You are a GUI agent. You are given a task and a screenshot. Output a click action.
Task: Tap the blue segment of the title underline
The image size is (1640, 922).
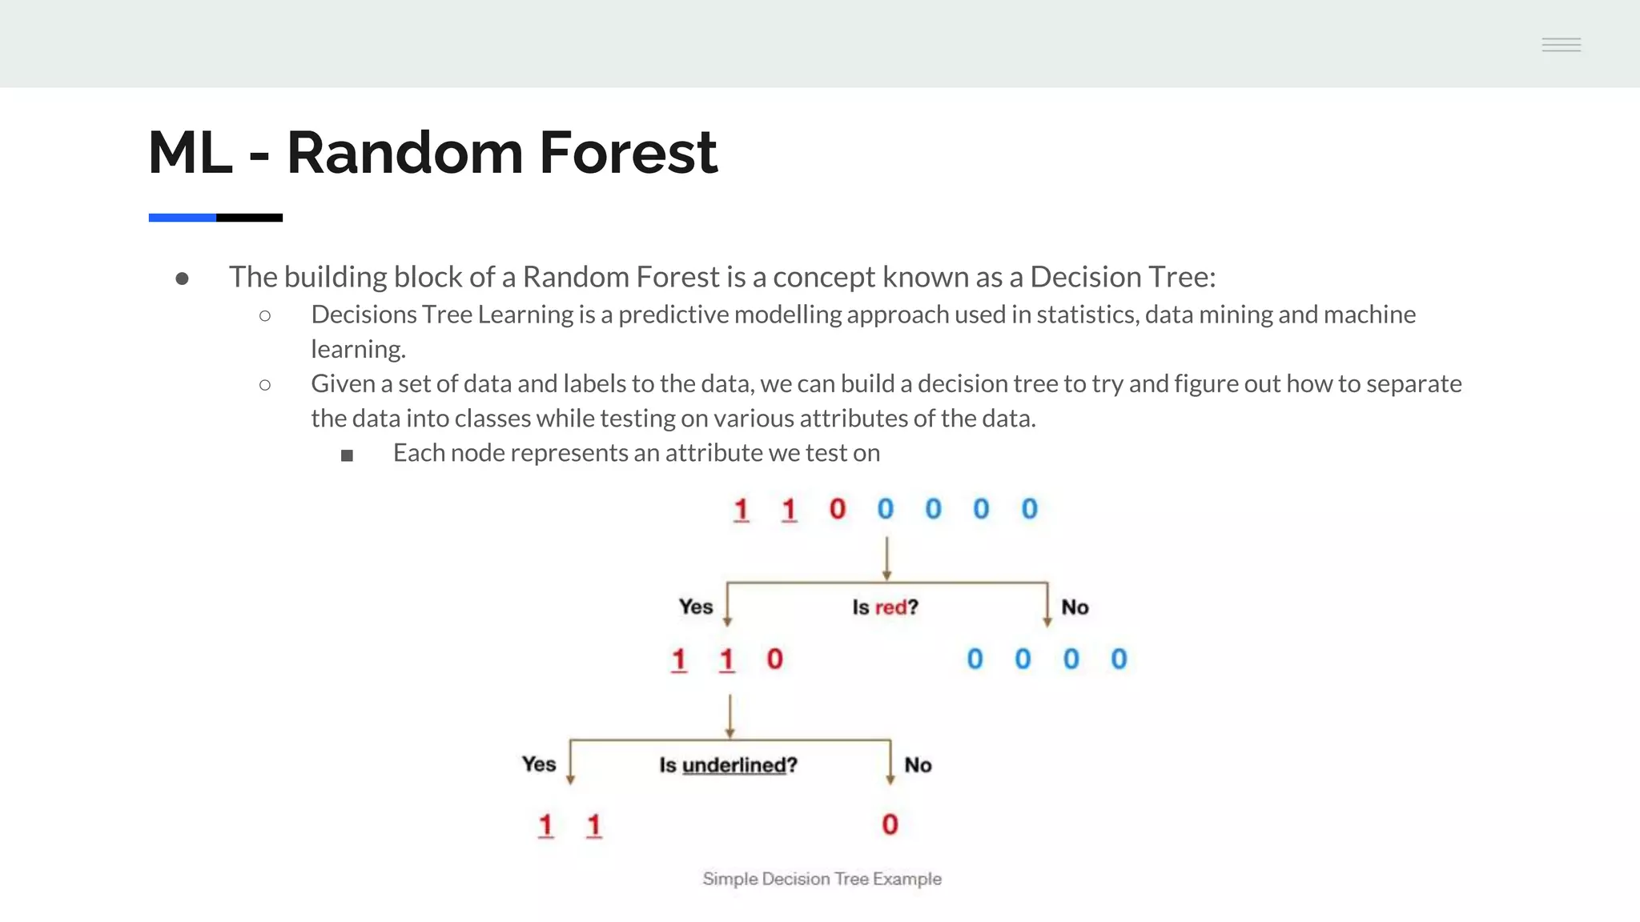[x=182, y=218]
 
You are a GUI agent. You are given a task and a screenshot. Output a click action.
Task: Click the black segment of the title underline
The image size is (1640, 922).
[x=249, y=218]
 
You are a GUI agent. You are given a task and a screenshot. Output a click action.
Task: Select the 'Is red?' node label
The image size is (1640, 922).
[x=885, y=607]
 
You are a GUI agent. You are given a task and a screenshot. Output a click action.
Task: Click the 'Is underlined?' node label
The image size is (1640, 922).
[x=728, y=765]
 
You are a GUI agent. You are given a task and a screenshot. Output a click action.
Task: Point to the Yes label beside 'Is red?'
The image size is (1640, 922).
[x=695, y=607]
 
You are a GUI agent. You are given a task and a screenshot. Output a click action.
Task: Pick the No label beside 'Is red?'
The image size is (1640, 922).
[x=1075, y=607]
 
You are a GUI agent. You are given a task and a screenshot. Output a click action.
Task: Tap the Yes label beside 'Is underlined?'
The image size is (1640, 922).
[x=538, y=764]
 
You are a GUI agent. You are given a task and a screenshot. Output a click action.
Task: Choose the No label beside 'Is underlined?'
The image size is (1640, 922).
[x=918, y=765]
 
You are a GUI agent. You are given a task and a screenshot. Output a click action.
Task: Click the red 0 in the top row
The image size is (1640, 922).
[x=838, y=509]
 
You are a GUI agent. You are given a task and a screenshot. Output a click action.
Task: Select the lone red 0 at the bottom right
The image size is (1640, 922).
[x=890, y=824]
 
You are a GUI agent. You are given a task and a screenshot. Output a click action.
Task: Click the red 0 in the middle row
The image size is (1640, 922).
[x=774, y=659]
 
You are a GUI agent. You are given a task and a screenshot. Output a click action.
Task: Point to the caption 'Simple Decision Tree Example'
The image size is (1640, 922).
[x=822, y=879]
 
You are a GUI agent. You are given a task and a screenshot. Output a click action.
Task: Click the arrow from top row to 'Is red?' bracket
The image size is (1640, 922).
[x=886, y=558]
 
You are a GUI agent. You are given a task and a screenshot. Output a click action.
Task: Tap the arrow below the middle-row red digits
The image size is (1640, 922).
[x=730, y=716]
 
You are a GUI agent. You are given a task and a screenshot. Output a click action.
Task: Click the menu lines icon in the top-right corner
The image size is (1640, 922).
[x=1561, y=45]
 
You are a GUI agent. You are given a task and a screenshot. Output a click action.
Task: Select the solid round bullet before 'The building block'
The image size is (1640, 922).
[x=182, y=279]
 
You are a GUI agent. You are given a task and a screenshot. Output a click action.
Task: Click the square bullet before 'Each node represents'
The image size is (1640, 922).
[x=347, y=455]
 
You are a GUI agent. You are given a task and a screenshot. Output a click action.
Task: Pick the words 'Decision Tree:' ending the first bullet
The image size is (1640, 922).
[x=1122, y=277]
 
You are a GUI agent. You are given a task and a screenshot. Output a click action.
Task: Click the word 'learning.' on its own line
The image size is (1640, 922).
[x=358, y=349]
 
